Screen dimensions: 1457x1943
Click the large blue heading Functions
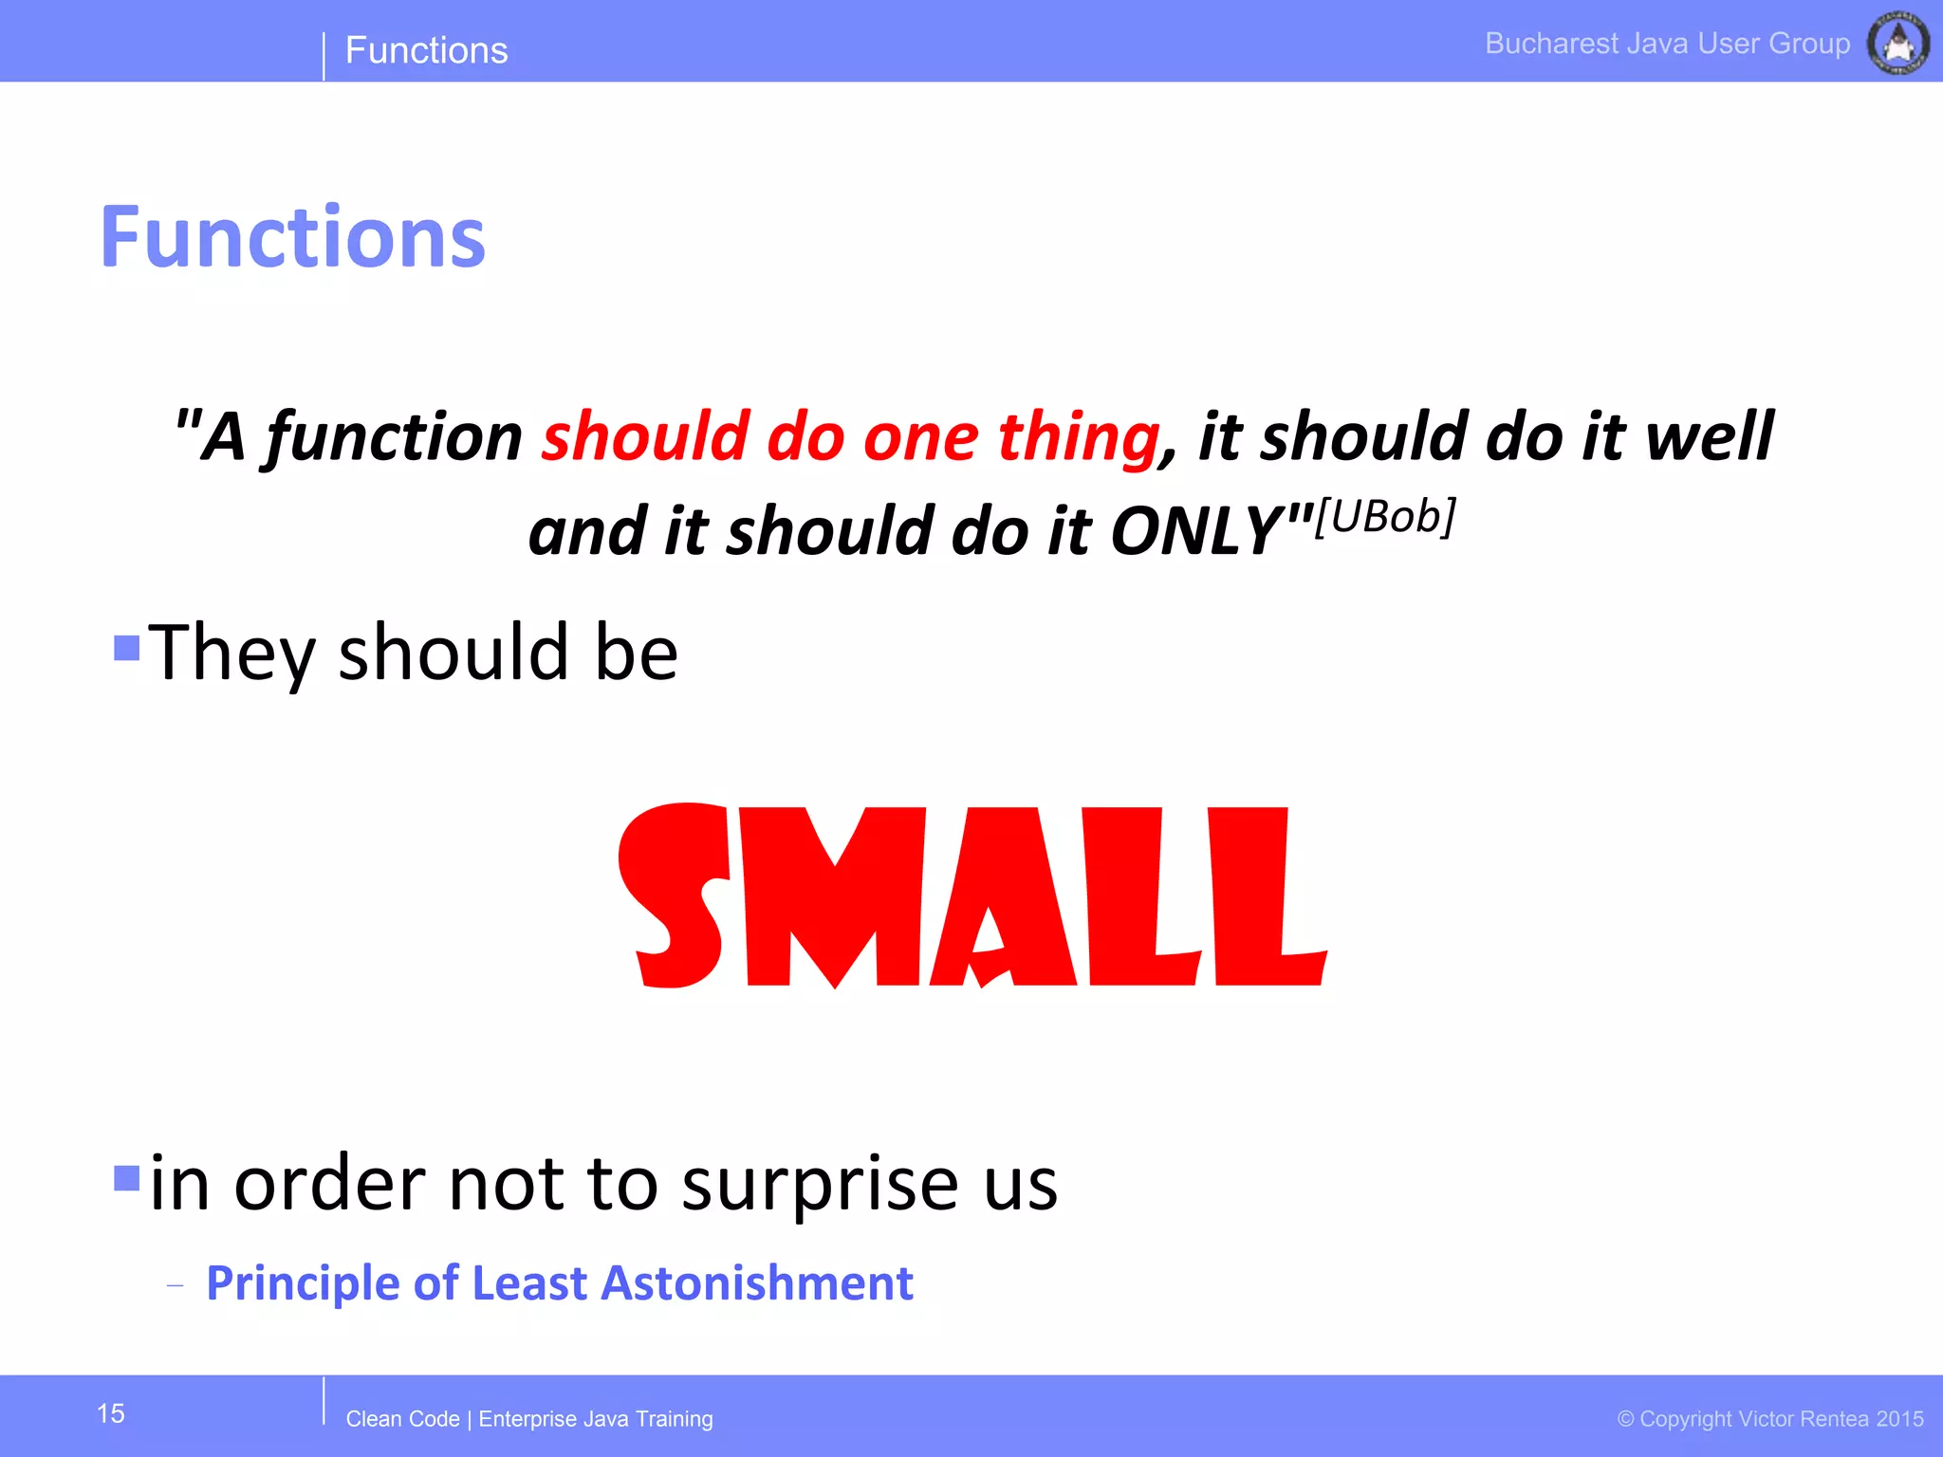tap(292, 237)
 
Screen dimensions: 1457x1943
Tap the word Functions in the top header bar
tap(426, 50)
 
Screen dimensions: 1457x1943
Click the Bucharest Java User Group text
tap(1667, 44)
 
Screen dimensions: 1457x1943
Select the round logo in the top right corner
tap(1897, 43)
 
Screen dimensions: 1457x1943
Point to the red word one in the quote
tap(920, 437)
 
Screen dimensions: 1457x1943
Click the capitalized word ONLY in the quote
tap(1197, 530)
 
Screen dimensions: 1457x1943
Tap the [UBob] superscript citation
tap(1385, 517)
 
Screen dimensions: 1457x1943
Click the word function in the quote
tap(394, 437)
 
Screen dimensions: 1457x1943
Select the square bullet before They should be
tap(126, 648)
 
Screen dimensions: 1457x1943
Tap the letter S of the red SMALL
tap(675, 895)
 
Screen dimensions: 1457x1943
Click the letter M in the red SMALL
tap(835, 897)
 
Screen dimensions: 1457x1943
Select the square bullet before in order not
tap(126, 1177)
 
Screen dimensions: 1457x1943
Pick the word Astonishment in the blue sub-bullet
tap(757, 1283)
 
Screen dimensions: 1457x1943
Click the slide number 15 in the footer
tap(111, 1413)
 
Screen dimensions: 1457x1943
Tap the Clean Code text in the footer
tap(402, 1419)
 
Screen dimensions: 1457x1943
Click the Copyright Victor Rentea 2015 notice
tap(1770, 1419)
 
